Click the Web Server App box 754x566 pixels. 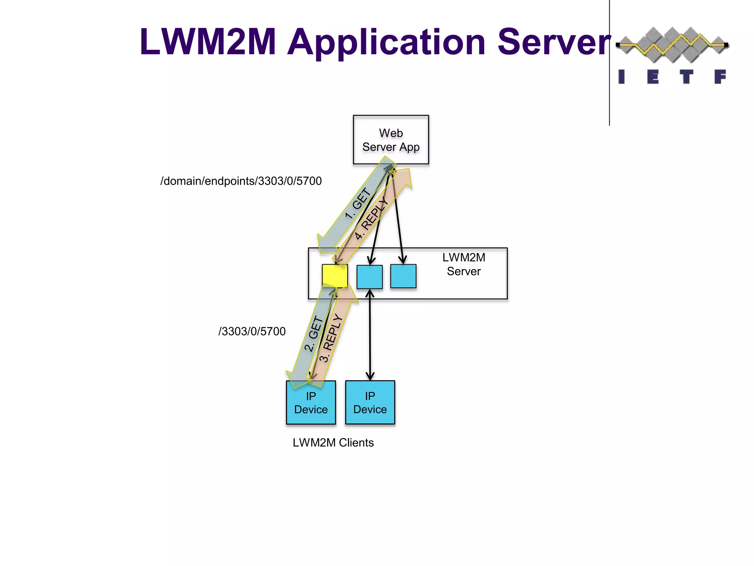point(391,139)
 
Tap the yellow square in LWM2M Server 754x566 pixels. point(335,276)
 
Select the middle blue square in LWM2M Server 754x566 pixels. point(370,277)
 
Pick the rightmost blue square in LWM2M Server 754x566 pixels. point(403,276)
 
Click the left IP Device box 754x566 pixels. point(311,403)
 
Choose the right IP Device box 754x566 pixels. point(370,402)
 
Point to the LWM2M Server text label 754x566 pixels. point(464,264)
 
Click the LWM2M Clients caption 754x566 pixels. point(333,443)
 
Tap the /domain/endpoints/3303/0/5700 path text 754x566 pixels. point(241,181)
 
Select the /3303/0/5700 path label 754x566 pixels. point(252,331)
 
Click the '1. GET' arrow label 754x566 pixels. point(358,203)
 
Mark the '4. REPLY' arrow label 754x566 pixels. point(372,218)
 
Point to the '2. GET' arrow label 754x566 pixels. point(313,334)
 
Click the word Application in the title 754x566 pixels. point(386,42)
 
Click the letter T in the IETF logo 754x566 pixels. point(686,77)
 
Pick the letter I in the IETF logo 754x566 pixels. point(621,77)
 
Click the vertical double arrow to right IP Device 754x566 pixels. point(370,335)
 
